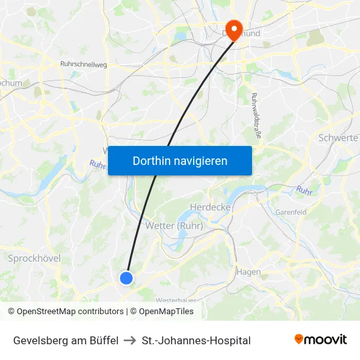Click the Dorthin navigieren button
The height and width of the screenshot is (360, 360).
point(179,160)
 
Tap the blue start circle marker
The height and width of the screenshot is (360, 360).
point(126,278)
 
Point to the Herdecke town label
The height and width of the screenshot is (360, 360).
point(207,207)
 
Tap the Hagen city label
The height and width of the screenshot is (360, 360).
point(249,272)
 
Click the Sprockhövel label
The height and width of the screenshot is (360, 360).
point(34,259)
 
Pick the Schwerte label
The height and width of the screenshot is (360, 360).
point(338,138)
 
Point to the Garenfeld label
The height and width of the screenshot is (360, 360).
point(291,212)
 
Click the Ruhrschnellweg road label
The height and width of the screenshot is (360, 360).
point(83,64)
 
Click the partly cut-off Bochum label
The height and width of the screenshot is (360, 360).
point(12,83)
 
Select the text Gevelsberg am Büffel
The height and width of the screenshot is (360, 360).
point(65,340)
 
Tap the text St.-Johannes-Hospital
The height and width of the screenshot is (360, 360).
point(196,340)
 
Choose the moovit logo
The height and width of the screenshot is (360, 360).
point(321,340)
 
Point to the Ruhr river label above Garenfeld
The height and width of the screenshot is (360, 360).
point(304,190)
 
